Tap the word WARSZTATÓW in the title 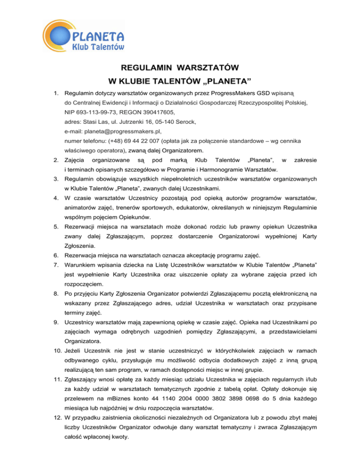pos(207,68)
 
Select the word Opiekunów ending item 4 pos(103,218)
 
